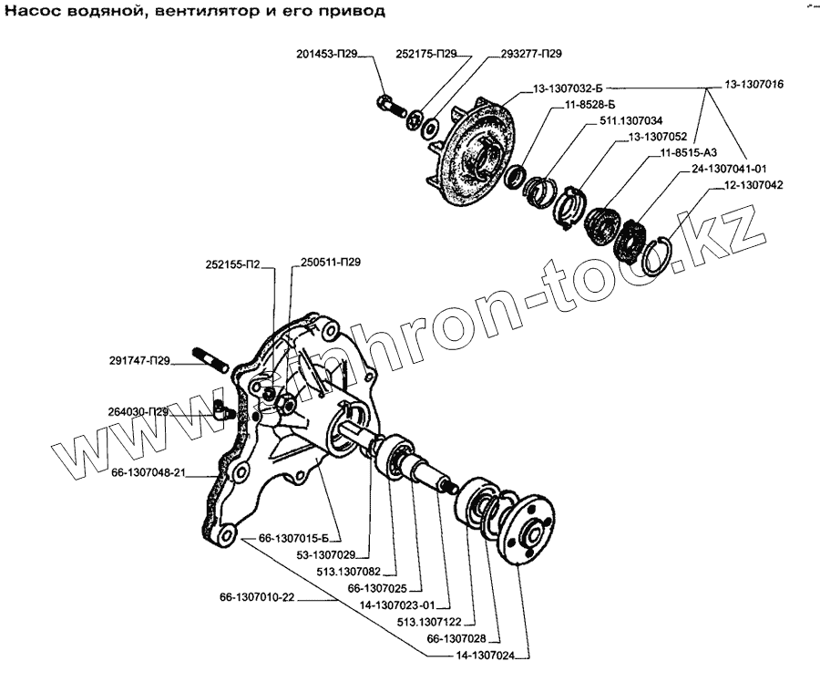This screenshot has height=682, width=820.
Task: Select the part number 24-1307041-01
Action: [x=728, y=169]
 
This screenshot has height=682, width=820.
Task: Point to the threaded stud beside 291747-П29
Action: [x=210, y=359]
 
